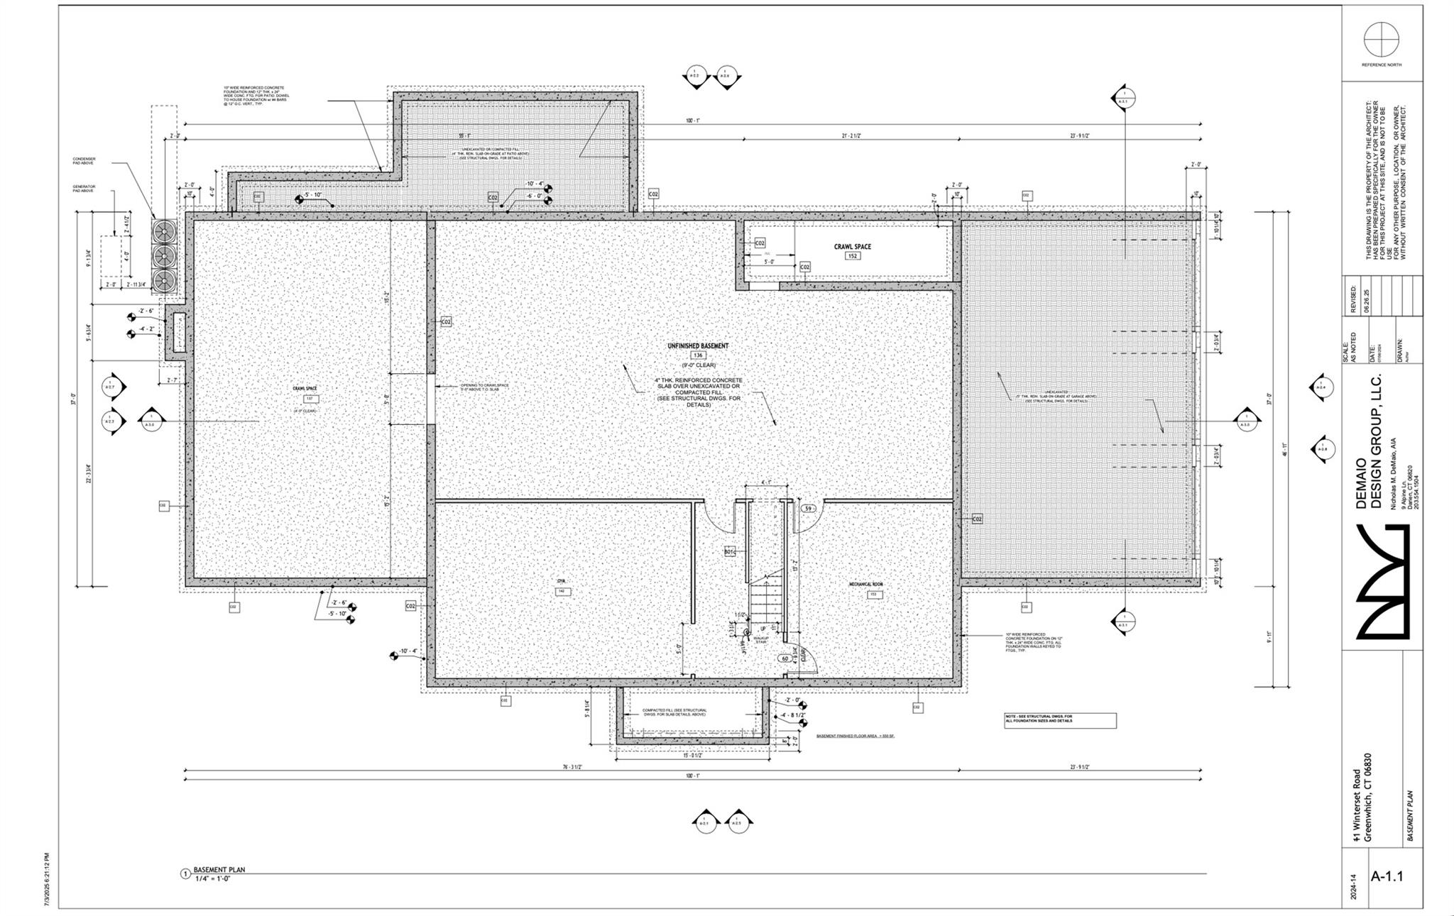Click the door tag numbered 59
(x=808, y=508)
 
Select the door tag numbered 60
(x=786, y=658)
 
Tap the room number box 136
(x=698, y=355)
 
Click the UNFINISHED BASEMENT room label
(x=698, y=346)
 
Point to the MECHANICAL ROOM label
(x=866, y=585)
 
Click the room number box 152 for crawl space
(x=852, y=255)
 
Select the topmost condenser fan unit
(x=164, y=231)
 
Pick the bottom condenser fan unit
(x=164, y=279)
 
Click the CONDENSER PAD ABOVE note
(x=84, y=161)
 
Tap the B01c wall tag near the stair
(x=729, y=551)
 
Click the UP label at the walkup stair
(x=763, y=629)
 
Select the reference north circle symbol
(x=1382, y=39)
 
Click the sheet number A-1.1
(x=1387, y=876)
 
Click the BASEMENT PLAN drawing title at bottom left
(x=219, y=869)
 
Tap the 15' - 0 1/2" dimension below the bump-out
(x=692, y=756)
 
